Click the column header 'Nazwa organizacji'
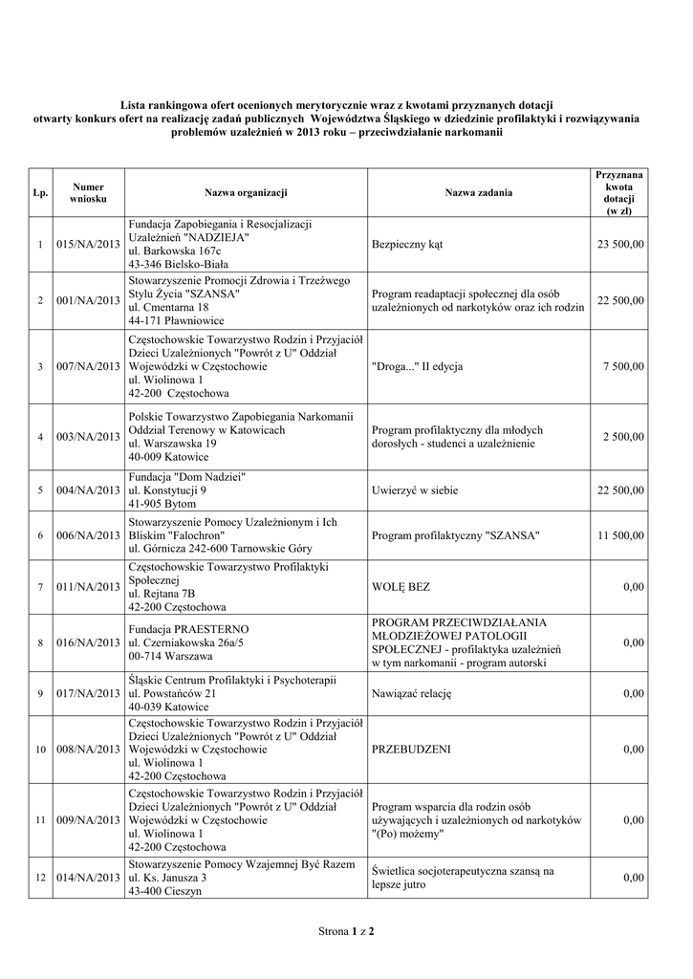pyautogui.click(x=246, y=193)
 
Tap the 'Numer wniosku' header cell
pyautogui.click(x=88, y=193)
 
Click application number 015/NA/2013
pyautogui.click(x=88, y=245)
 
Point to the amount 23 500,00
pyautogui.click(x=620, y=245)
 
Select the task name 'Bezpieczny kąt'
pyautogui.click(x=407, y=245)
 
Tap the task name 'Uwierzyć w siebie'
pyautogui.click(x=415, y=491)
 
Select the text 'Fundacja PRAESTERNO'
pyautogui.click(x=188, y=629)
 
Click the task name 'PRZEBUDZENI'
pyautogui.click(x=411, y=751)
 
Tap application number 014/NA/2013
pyautogui.click(x=88, y=878)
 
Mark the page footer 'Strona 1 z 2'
pyautogui.click(x=346, y=930)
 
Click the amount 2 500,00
pyautogui.click(x=624, y=437)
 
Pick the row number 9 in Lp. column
pyautogui.click(x=40, y=693)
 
